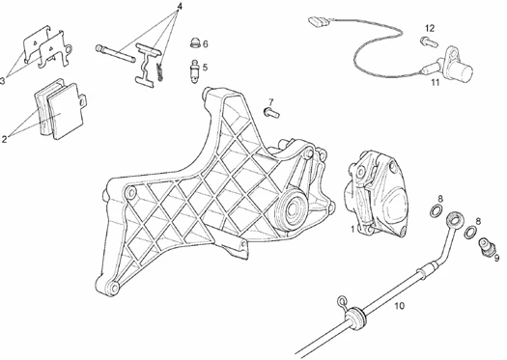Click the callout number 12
point(430,28)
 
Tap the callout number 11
point(436,82)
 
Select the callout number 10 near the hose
point(400,305)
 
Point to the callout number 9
point(496,258)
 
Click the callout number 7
point(271,101)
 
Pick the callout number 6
point(206,44)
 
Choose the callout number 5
point(205,68)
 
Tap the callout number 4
point(180,6)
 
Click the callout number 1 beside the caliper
point(352,229)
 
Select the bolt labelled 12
point(429,42)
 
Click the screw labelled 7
point(271,113)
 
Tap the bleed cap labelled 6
point(195,42)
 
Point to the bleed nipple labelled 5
point(195,71)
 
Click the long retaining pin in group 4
point(116,54)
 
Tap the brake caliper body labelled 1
point(375,195)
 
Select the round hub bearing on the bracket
point(291,210)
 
